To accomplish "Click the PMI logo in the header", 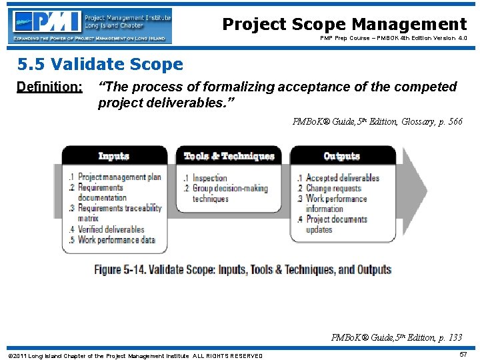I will pyautogui.click(x=91, y=25).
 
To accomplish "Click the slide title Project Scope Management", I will pyautogui.click(x=344, y=25).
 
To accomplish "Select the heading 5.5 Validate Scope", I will pyautogui.click(x=100, y=65).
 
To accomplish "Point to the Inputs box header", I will pyautogui.click(x=114, y=156).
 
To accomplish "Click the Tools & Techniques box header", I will pyautogui.click(x=229, y=156).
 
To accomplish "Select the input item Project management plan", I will pyautogui.click(x=119, y=177).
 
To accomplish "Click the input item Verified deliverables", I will pyautogui.click(x=111, y=229).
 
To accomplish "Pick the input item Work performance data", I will pyautogui.click(x=116, y=240).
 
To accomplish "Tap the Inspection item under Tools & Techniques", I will pyautogui.click(x=209, y=178).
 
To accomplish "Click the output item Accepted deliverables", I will pyautogui.click(x=342, y=178).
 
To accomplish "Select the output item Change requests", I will pyautogui.click(x=333, y=188).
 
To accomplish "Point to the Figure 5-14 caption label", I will pyautogui.click(x=243, y=270).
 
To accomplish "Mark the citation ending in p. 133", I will pyautogui.click(x=397, y=337).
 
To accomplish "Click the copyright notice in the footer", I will pyautogui.click(x=134, y=355).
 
